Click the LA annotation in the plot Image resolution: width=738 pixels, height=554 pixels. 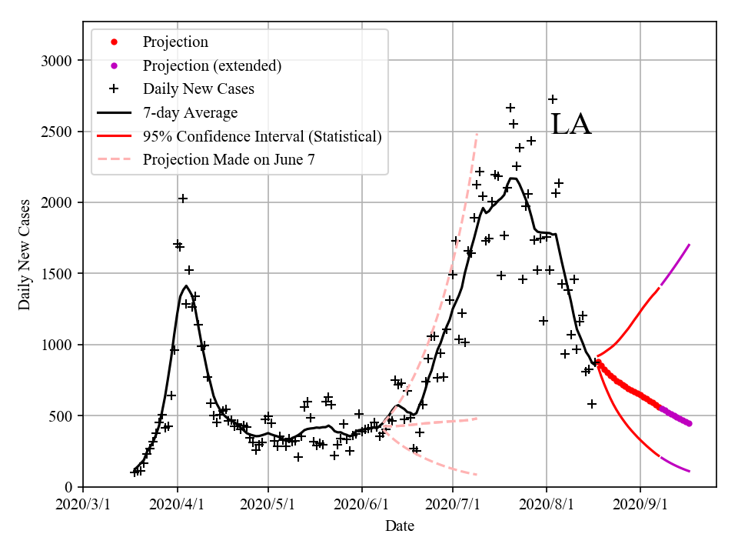click(571, 125)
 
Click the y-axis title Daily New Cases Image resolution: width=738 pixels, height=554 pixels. click(25, 254)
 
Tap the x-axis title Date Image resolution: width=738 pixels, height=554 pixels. click(400, 526)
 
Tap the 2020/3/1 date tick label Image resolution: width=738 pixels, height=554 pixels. click(83, 505)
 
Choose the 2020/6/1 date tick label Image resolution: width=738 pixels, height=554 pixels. click(361, 505)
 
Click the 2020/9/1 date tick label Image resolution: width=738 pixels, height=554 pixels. click(640, 505)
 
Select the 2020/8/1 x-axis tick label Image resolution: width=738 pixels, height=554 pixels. click(547, 505)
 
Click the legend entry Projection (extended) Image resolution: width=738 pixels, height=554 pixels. click(211, 65)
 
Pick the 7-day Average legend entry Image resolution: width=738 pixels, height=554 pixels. click(190, 112)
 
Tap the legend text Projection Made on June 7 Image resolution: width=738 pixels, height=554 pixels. click(228, 160)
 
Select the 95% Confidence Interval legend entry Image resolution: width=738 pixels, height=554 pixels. click(262, 136)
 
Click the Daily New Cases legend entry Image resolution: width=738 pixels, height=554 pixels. click(198, 88)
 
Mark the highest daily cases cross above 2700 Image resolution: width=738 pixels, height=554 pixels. click(553, 99)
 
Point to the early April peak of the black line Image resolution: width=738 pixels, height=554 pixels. click(186, 285)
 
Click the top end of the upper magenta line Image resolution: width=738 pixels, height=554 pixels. click(690, 245)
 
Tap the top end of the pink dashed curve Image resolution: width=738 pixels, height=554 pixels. click(477, 134)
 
